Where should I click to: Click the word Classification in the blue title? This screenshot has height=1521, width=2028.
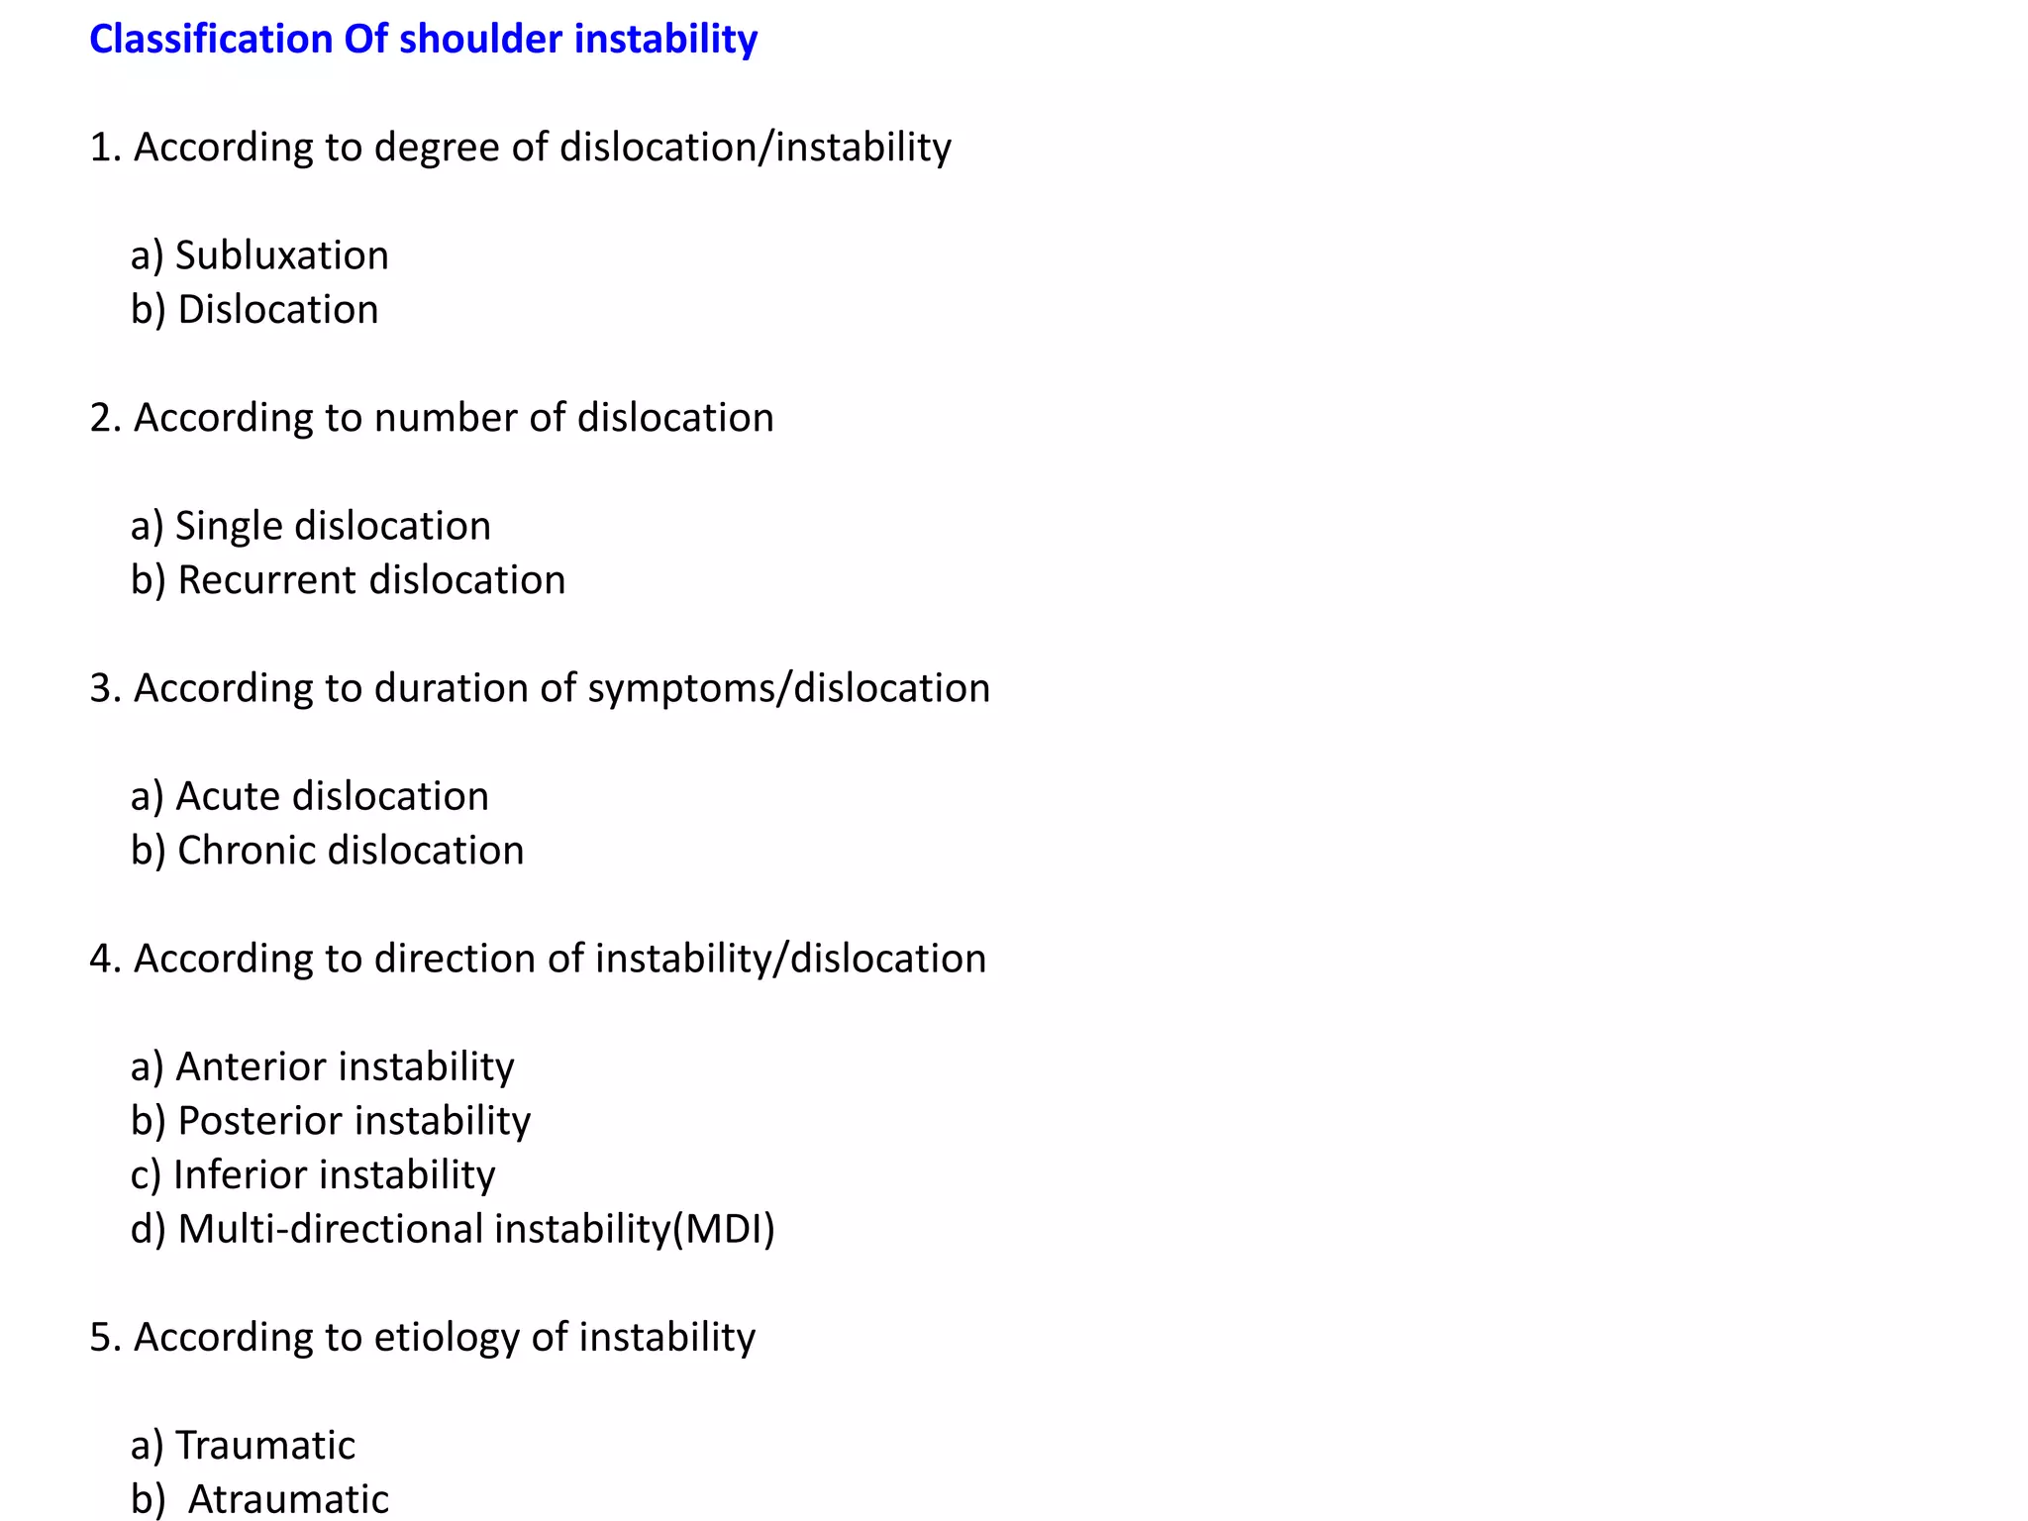210,40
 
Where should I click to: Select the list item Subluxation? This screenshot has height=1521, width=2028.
281,255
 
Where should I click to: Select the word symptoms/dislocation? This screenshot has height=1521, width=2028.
788,688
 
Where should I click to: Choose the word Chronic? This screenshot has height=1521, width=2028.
246,851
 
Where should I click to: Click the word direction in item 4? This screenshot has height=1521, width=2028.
455,959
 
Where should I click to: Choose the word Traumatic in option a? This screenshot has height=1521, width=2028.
264,1446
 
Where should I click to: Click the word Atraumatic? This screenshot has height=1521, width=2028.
288,1499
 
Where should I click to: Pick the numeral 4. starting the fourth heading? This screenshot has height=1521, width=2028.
104,959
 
